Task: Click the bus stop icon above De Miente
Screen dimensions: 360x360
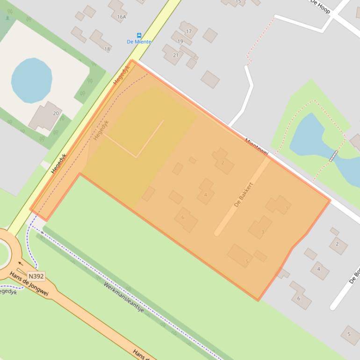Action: coord(139,36)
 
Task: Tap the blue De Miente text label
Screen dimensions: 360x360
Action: coord(139,42)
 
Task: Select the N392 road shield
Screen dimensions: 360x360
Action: coord(36,276)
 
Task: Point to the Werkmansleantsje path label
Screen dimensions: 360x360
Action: coord(123,297)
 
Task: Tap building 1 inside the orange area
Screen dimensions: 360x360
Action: coord(278,205)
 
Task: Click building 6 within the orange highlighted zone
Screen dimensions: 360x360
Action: coord(186,220)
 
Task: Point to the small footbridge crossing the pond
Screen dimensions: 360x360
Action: coord(333,156)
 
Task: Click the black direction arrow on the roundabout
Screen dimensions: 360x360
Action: coord(20,263)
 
